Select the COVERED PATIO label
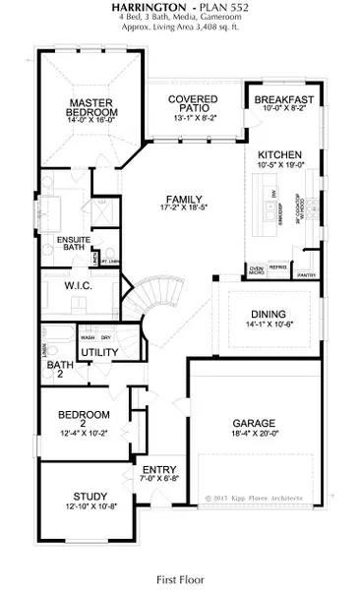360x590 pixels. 192,105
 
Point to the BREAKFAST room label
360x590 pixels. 283,100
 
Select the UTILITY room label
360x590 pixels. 99,351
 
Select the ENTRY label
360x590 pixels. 158,469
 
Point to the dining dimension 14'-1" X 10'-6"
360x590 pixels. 268,324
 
